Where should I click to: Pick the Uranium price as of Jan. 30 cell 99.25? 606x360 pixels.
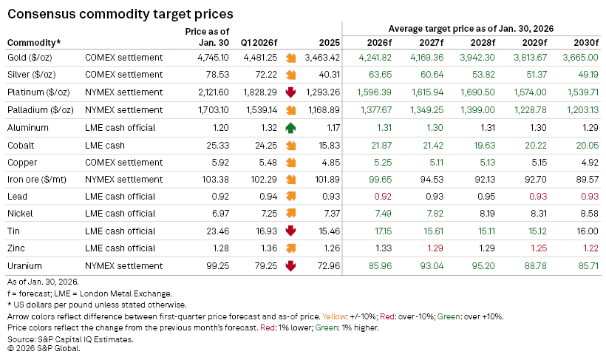click(x=214, y=265)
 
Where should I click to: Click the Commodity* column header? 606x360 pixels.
click(x=34, y=42)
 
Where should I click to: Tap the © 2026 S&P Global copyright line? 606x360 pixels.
click(x=44, y=348)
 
